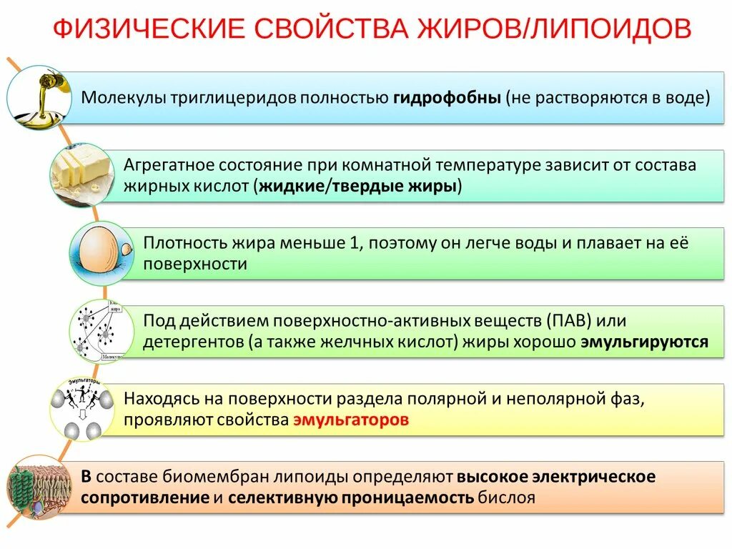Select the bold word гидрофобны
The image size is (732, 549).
click(x=446, y=98)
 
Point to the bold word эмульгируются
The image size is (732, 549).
click(x=644, y=342)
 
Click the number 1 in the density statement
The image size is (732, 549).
click(x=353, y=243)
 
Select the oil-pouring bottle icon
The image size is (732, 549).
click(x=40, y=97)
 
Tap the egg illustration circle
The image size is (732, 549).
click(x=102, y=254)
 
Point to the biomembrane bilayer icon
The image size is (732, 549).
click(x=39, y=487)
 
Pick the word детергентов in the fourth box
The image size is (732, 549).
click(x=192, y=342)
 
